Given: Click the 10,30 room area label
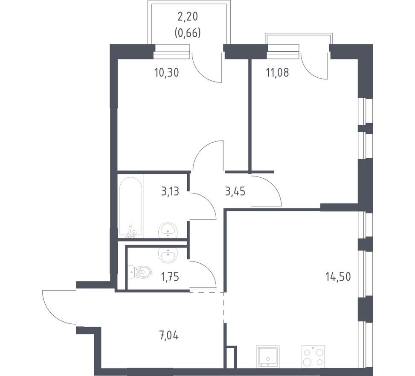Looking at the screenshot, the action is point(167,72).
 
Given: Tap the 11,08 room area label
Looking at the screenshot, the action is point(278,72).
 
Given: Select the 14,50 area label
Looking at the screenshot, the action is point(338,276).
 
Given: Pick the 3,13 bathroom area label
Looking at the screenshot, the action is point(170,191).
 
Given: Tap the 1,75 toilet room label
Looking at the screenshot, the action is point(170,277).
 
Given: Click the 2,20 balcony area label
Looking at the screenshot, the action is point(188,17).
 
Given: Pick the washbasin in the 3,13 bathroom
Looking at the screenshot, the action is point(167,230).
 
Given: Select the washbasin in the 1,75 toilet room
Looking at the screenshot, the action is point(167,255).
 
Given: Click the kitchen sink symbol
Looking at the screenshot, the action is point(268,357).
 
